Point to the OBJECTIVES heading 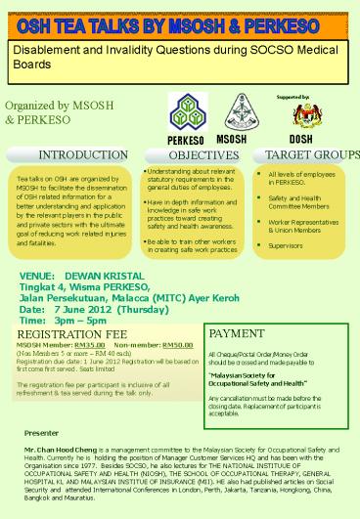(x=198, y=155)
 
